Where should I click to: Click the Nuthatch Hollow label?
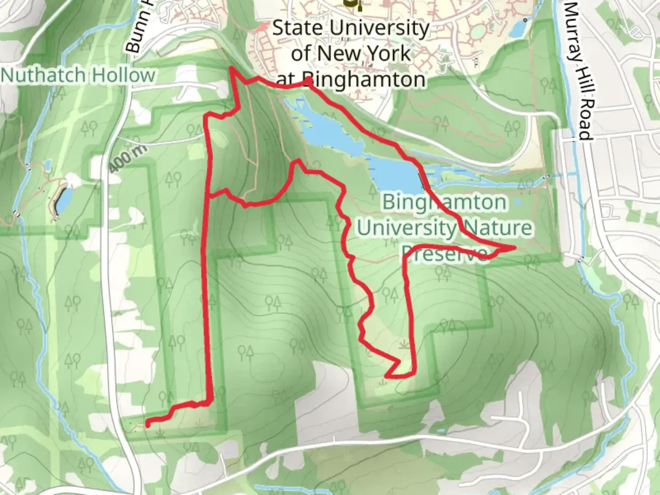[78, 75]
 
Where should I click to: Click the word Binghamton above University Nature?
[445, 202]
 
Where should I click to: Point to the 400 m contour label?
[128, 159]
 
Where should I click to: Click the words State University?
[351, 28]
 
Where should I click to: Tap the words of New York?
[351, 54]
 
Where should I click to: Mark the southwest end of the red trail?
[148, 425]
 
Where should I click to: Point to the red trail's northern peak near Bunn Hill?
[232, 68]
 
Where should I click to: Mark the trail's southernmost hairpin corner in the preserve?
[388, 376]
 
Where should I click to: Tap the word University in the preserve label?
[406, 228]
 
